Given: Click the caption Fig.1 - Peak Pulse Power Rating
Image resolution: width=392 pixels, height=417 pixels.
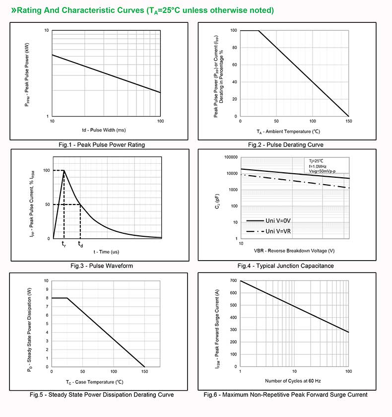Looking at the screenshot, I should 101,145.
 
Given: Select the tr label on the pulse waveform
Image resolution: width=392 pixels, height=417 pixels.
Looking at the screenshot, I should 64,244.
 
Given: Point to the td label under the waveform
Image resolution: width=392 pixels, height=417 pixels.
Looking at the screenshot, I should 80,244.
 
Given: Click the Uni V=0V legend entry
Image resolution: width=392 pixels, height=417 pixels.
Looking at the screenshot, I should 277,221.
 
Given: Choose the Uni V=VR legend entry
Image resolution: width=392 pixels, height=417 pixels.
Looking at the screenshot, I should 278,231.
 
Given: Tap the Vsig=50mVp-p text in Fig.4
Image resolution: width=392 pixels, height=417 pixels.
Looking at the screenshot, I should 322,171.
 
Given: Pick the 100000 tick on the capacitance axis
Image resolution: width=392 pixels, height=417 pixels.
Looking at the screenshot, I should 230,157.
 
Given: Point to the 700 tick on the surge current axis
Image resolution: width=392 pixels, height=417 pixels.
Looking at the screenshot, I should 233,281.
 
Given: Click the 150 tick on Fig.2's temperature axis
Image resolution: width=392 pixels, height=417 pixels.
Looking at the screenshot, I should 348,121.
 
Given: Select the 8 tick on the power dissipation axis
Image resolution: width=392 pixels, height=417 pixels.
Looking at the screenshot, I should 47,298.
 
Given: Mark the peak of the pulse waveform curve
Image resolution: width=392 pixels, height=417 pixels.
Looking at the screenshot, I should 64,171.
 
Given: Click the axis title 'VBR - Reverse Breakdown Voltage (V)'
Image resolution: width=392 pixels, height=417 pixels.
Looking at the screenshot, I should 294,251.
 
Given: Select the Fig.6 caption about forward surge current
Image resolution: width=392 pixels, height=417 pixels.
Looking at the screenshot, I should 285,395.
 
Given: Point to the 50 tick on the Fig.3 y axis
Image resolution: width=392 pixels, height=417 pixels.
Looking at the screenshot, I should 47,205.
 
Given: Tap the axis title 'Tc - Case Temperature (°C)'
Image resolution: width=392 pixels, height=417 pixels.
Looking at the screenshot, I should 94,382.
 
